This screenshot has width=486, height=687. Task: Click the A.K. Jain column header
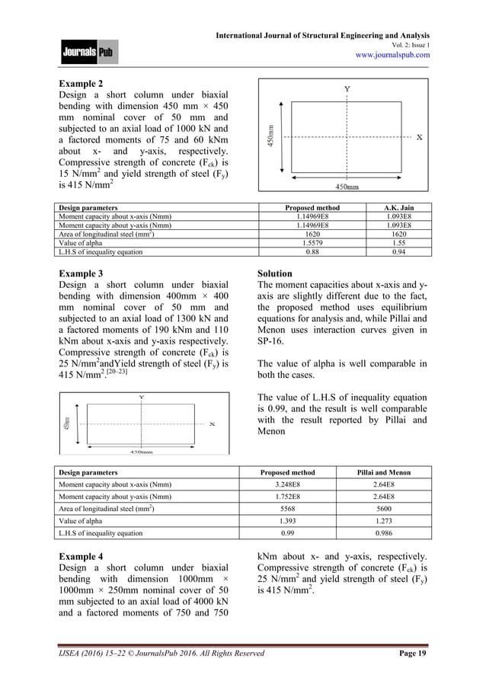coord(396,207)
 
